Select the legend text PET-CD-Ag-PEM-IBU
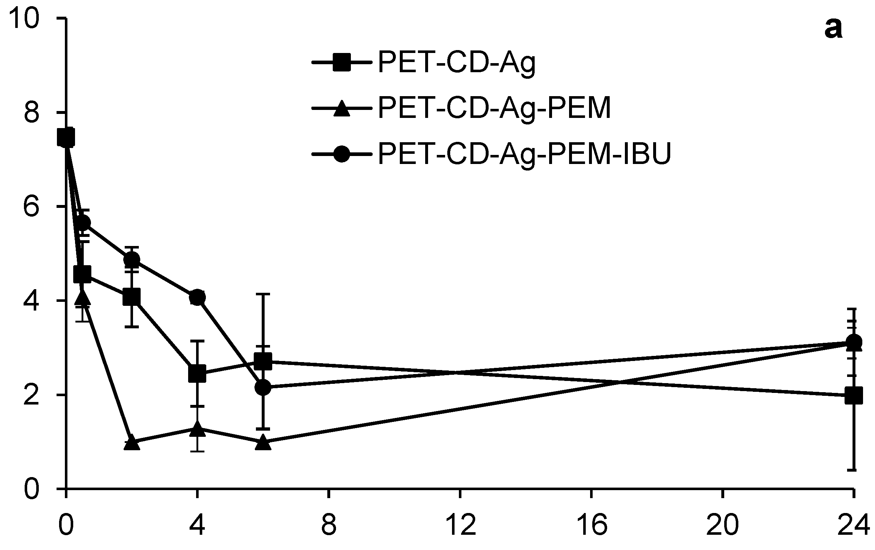(x=524, y=154)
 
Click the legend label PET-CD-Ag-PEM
(x=494, y=108)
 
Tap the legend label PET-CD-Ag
(x=457, y=62)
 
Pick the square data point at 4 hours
(x=197, y=374)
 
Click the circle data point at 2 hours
(x=132, y=260)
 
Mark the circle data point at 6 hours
(x=263, y=388)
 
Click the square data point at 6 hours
(x=263, y=361)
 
